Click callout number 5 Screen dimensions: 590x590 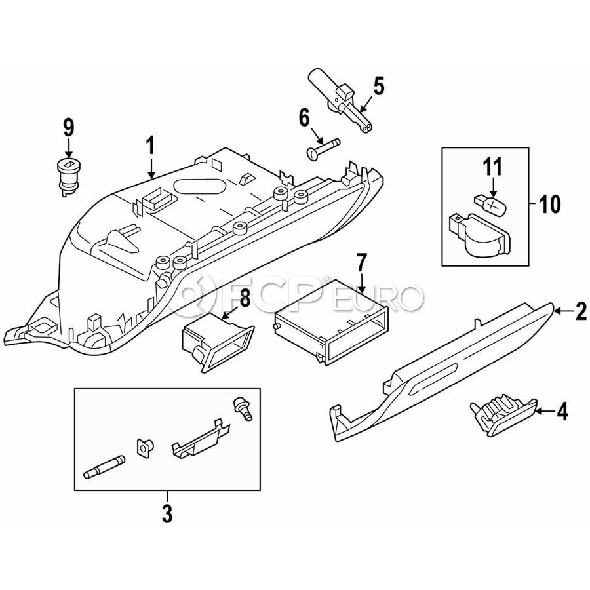click(x=378, y=86)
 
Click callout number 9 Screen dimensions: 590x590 click(x=69, y=127)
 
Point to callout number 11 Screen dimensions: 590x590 click(x=492, y=167)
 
